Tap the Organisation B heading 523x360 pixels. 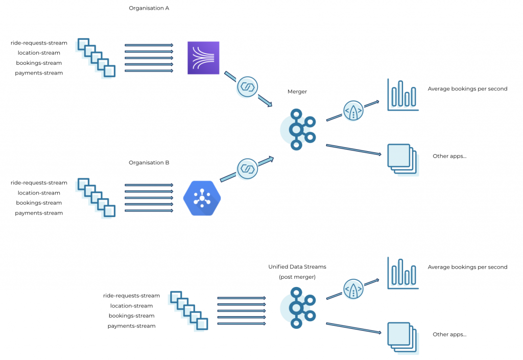point(149,163)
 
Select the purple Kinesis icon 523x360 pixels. point(203,58)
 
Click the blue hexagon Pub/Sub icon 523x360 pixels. point(202,198)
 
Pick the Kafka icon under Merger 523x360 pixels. point(297,129)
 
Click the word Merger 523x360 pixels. point(297,92)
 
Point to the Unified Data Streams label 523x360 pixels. point(297,267)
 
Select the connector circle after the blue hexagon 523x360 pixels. point(247,168)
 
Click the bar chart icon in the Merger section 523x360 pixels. point(402,95)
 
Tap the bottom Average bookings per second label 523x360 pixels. point(467,267)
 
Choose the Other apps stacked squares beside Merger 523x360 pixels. point(402,158)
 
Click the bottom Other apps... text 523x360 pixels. point(449,334)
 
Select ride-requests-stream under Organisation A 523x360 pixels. point(39,43)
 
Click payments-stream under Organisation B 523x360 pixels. point(39,213)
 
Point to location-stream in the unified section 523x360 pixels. point(131,306)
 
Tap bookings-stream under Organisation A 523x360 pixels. point(39,63)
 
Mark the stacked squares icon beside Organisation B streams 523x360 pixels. point(96,198)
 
